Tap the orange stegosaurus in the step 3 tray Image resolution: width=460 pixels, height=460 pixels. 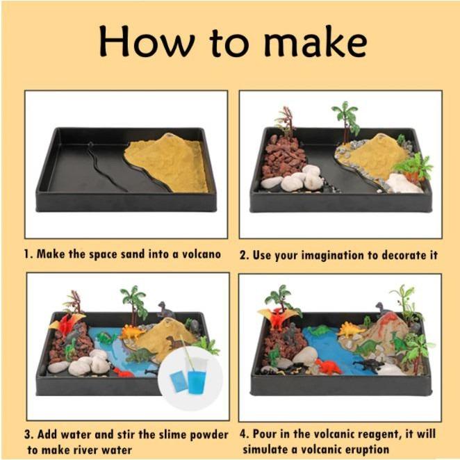[x=131, y=332]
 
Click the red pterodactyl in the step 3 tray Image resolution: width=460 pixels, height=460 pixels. [x=67, y=324]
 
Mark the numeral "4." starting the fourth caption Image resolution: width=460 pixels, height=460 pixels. [x=244, y=434]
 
